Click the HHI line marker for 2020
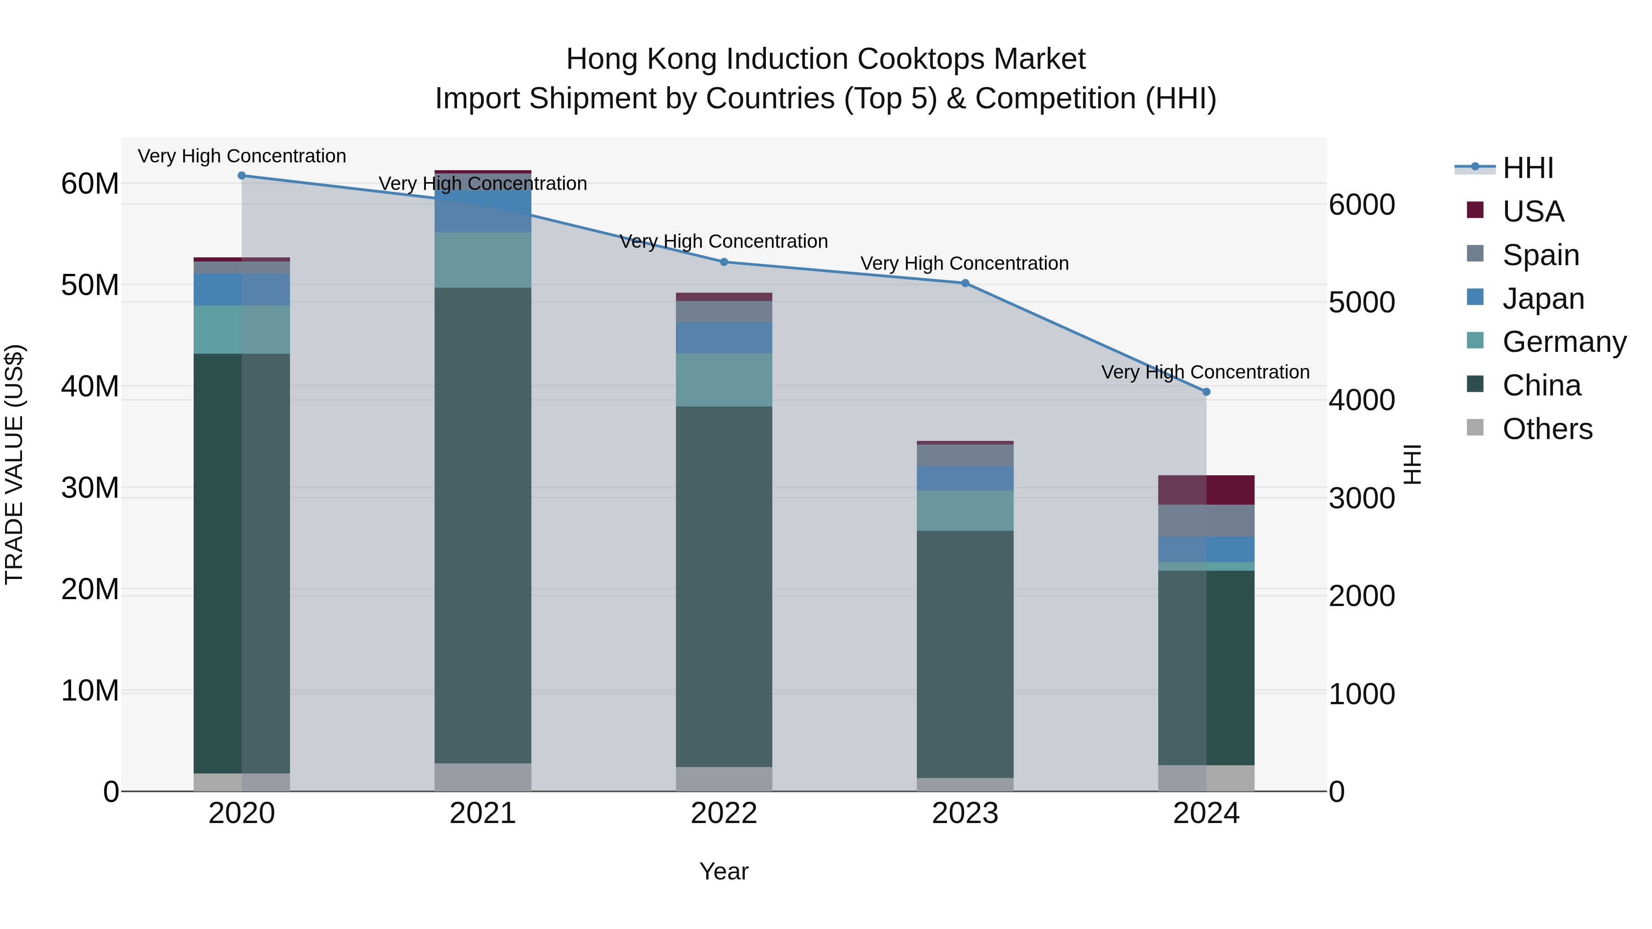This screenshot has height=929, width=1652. coord(242,176)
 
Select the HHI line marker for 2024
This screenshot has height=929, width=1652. coord(1206,392)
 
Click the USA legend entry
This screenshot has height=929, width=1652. coord(1533,211)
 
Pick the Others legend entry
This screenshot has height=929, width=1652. coord(1547,429)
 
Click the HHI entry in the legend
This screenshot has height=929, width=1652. coord(1528,168)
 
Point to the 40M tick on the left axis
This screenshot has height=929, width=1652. coord(90,387)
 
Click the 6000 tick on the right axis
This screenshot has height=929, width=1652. coord(1362,205)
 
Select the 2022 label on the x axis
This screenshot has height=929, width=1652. coord(724,813)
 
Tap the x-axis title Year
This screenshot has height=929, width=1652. coord(724,871)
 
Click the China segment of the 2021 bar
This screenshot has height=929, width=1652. coord(483,526)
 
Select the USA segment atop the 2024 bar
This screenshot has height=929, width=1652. coord(1206,490)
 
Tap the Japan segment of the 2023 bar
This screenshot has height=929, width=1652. coord(965,478)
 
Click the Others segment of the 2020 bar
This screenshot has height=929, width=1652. coord(242,782)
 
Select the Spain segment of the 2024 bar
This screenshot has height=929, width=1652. coord(1206,521)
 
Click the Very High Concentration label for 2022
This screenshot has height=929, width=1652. coord(724,242)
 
